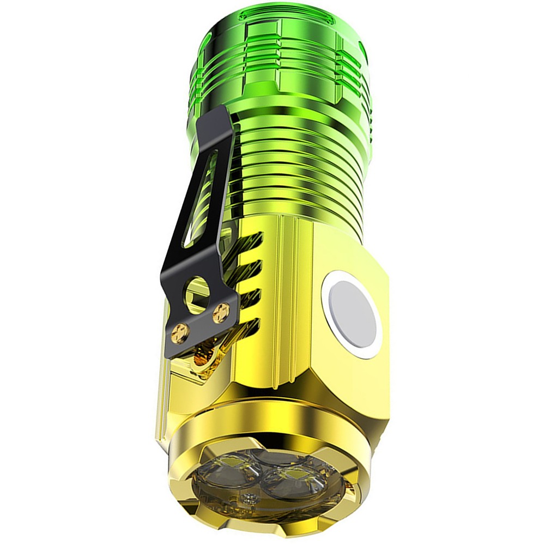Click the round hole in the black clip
tap(197, 291)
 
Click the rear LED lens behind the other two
tap(262, 457)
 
